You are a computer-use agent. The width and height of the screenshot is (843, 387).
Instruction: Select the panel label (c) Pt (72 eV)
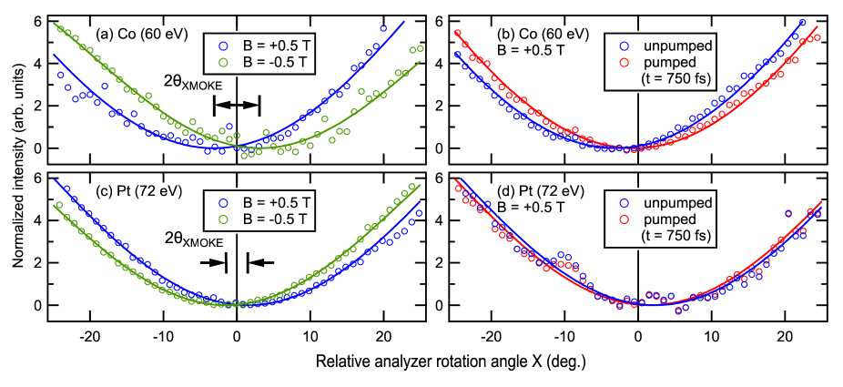(139, 191)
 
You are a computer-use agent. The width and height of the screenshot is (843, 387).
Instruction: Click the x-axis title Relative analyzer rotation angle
(450, 362)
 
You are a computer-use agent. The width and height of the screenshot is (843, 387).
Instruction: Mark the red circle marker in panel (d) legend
(624, 219)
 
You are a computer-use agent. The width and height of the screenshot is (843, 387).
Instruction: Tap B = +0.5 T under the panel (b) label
(532, 52)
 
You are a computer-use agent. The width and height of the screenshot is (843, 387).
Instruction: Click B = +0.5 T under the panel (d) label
(532, 208)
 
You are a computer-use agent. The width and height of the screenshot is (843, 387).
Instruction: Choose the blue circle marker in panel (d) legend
(624, 202)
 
